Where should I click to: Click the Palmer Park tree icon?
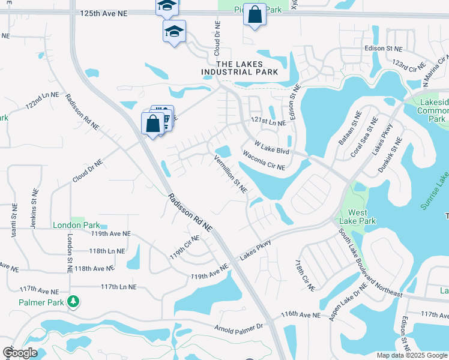pyautogui.click(x=73, y=301)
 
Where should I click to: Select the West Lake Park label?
pyautogui.click(x=358, y=217)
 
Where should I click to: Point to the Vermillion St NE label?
pyautogui.click(x=231, y=174)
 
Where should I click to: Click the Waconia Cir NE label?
pyautogui.click(x=263, y=161)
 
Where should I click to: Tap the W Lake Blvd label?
pyautogui.click(x=272, y=148)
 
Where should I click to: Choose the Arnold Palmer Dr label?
pyautogui.click(x=240, y=327)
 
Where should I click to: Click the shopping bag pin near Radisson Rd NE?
pyautogui.click(x=152, y=124)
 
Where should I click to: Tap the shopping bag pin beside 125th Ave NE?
pyautogui.click(x=255, y=14)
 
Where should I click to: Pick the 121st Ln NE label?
pyautogui.click(x=268, y=122)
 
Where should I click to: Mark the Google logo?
pyautogui.click(x=20, y=353)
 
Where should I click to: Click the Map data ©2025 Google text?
pyautogui.click(x=411, y=355)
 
